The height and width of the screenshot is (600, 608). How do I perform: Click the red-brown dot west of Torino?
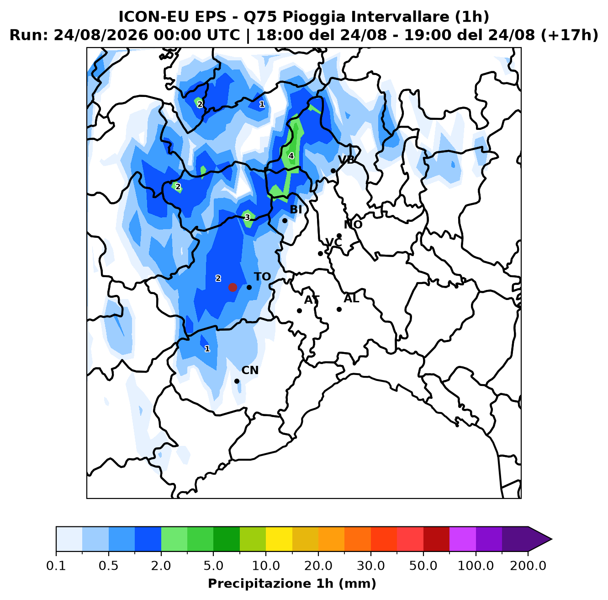(233, 287)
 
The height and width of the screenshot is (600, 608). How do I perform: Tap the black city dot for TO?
(249, 287)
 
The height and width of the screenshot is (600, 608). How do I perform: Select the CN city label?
(250, 370)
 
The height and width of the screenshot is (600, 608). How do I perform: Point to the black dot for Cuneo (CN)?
(237, 381)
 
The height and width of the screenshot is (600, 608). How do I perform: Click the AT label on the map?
(312, 300)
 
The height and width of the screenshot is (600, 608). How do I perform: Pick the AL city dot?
(339, 309)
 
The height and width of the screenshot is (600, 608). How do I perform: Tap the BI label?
(296, 209)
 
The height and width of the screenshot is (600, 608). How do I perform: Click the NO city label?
(353, 225)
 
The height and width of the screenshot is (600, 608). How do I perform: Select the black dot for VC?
(320, 253)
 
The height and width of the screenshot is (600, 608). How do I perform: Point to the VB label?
(346, 160)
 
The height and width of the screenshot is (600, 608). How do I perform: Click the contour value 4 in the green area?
(291, 156)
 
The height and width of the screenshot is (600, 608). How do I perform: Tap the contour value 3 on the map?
(248, 217)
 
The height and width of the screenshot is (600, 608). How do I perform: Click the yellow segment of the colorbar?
(279, 539)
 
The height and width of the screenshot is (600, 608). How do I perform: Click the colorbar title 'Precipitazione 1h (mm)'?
(292, 583)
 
